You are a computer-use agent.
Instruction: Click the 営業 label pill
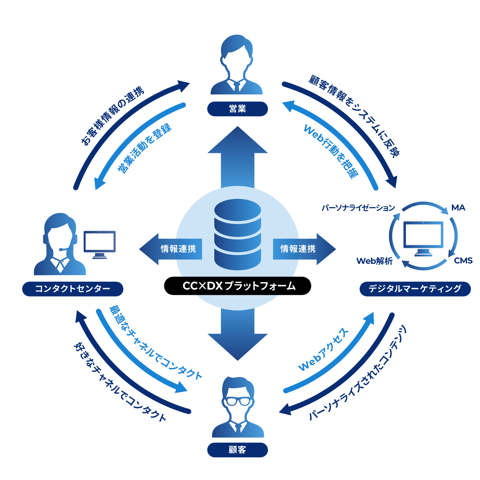pyautogui.click(x=237, y=109)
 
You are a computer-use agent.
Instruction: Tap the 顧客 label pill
pyautogui.click(x=237, y=449)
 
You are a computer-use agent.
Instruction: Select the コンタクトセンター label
pyautogui.click(x=73, y=289)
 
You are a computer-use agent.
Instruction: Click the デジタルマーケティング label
pyautogui.click(x=415, y=289)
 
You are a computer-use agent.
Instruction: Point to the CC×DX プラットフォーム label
pyautogui.click(x=238, y=286)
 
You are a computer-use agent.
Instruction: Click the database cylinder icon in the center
pyautogui.click(x=238, y=235)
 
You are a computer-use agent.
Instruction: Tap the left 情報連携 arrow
pyautogui.click(x=171, y=249)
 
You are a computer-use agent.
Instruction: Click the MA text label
pyautogui.click(x=458, y=208)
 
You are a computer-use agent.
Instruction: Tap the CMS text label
pyautogui.click(x=463, y=261)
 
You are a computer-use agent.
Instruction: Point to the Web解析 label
pyautogui.click(x=374, y=261)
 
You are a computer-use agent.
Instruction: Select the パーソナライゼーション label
pyautogui.click(x=358, y=208)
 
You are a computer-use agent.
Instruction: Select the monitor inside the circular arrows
pyautogui.click(x=423, y=237)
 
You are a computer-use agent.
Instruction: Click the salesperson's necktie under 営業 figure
pyautogui.click(x=237, y=86)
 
